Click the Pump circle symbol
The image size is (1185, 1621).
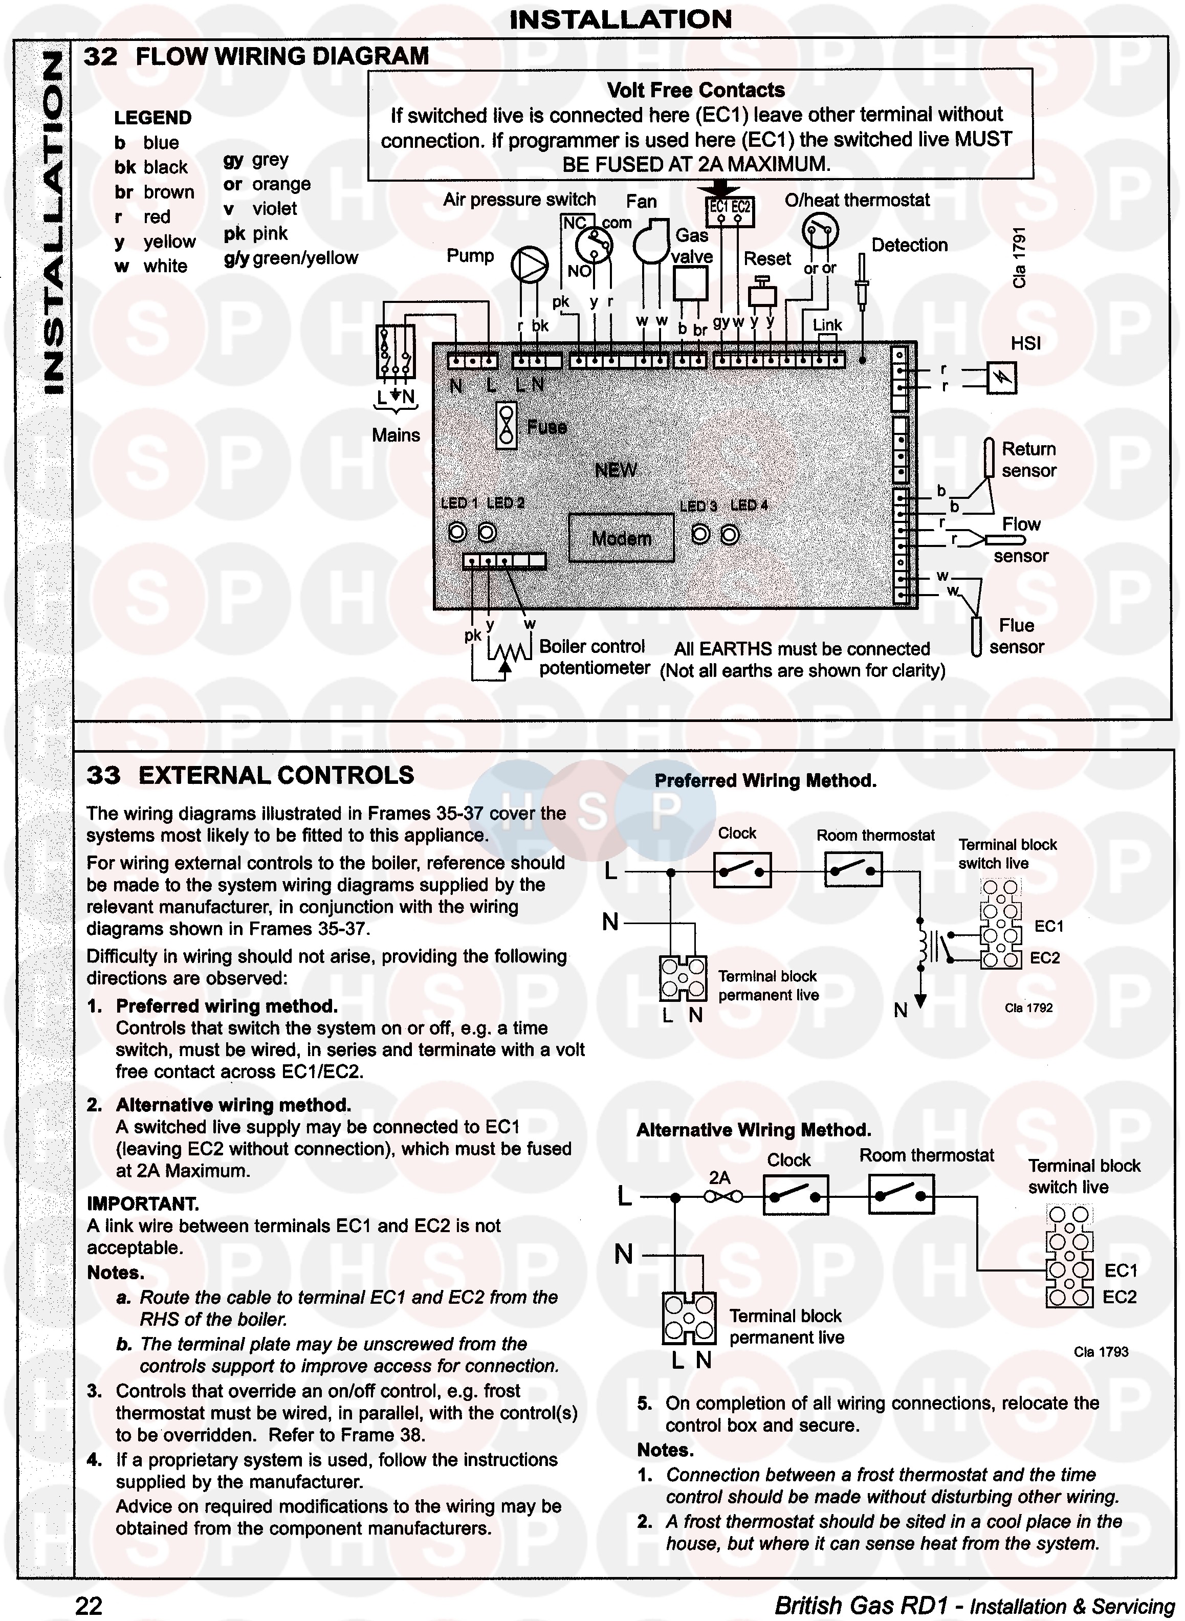coord(530,264)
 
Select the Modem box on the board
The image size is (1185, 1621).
coord(621,538)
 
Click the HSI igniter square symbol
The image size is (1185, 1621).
coord(1001,378)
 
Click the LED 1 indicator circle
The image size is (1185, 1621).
coord(457,532)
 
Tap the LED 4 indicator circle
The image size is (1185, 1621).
coord(730,535)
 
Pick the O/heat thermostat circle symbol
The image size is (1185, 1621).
coord(820,231)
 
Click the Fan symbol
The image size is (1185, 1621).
coord(651,244)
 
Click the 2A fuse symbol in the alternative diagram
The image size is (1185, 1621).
coord(723,1196)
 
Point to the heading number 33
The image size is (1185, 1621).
coord(103,775)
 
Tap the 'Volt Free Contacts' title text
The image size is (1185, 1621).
coord(696,91)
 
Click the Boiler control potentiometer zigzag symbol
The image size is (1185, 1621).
coord(509,651)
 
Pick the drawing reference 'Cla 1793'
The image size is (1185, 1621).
coord(1101,1352)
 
